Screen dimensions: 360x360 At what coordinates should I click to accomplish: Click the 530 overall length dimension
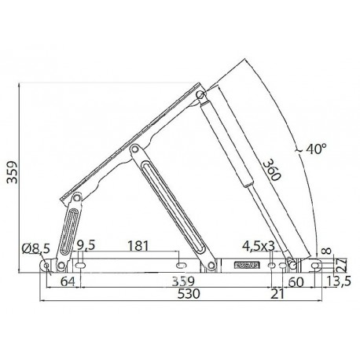point(189,294)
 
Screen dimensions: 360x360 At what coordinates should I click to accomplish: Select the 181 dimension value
point(138,246)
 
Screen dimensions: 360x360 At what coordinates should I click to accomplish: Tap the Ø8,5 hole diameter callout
point(35,248)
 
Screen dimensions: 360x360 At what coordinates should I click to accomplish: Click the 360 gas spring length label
point(272,170)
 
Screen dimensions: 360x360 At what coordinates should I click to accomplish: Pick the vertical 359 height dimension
point(12,172)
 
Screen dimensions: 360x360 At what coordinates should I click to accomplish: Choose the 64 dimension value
point(68,282)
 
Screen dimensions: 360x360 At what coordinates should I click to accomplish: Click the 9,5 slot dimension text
point(86,246)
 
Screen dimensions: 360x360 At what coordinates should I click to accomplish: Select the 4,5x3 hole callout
point(259,246)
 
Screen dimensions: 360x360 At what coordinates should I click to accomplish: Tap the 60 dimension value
point(296,283)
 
